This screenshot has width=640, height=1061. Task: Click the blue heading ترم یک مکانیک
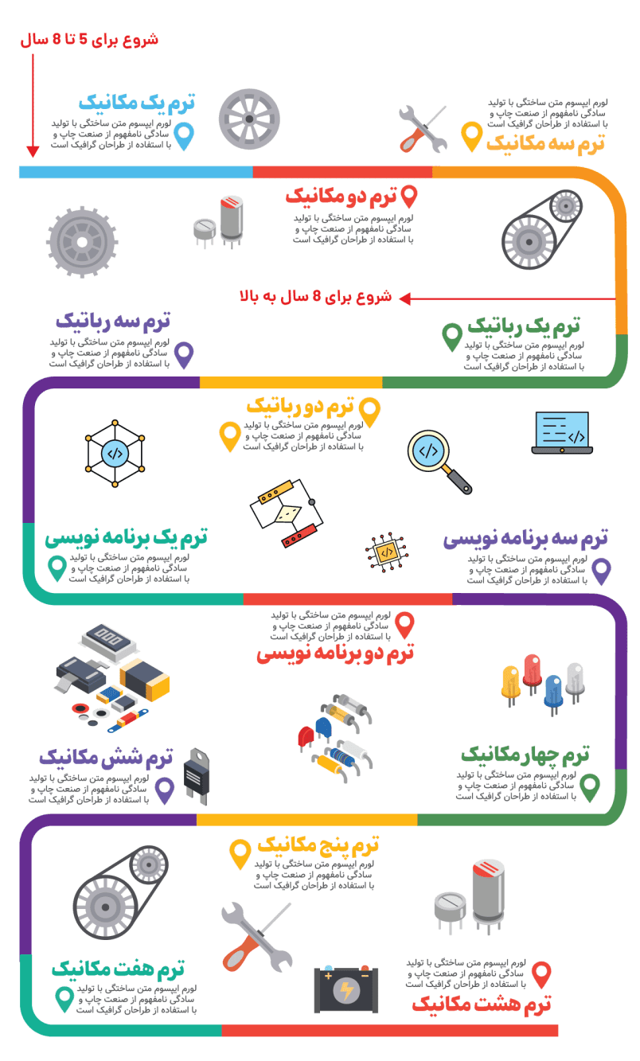pos(137,103)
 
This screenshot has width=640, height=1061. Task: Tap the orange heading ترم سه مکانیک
pos(545,143)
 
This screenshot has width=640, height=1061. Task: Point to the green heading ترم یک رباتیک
pos(523,326)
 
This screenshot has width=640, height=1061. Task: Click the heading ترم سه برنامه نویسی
pos(525,539)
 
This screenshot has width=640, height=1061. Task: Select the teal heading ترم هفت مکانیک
pos(118,968)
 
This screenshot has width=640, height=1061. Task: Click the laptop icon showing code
pos(562,433)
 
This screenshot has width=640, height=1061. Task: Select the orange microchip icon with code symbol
pos(386,552)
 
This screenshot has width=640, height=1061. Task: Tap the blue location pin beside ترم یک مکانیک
pos(184,136)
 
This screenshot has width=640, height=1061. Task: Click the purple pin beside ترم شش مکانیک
pos(165,790)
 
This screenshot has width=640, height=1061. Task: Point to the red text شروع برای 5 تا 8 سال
pos(90,39)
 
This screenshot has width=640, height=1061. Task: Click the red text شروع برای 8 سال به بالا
pos(316,297)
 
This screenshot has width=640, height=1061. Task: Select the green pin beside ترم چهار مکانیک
pos(589,786)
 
